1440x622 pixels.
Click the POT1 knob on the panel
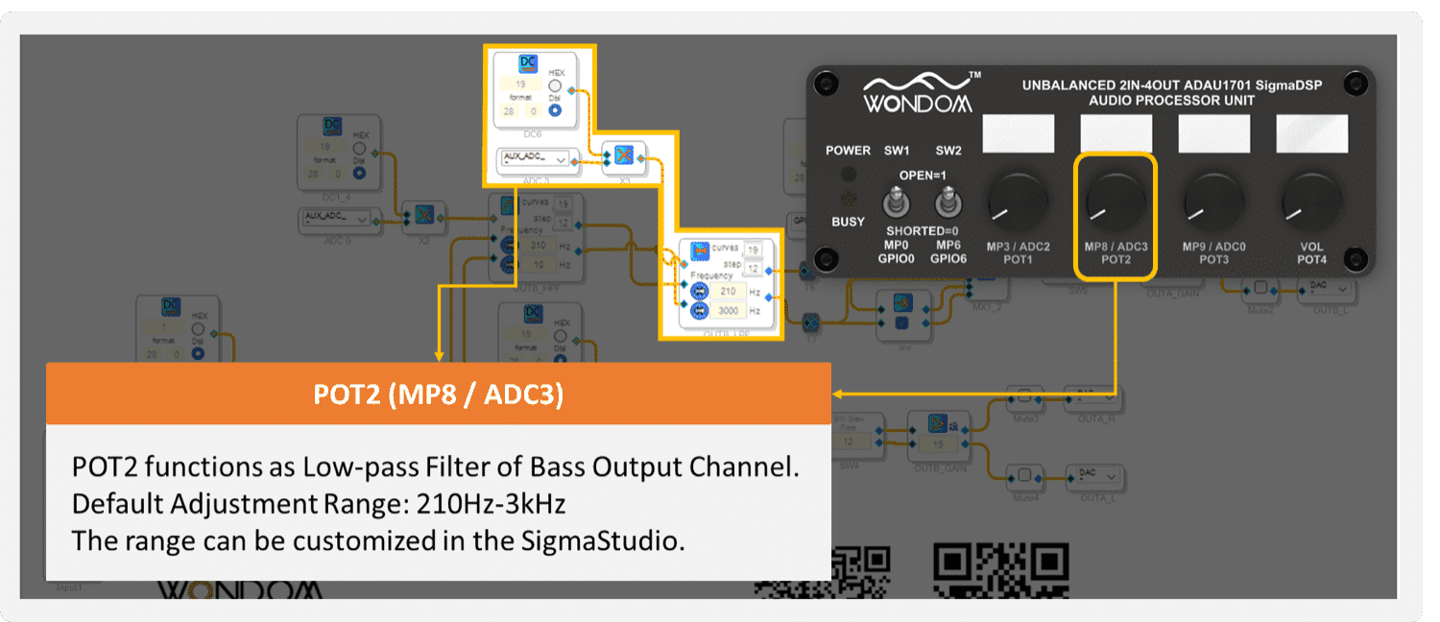coord(1018,202)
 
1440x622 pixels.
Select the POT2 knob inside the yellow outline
coord(1116,202)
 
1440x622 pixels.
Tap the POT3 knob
coord(1213,202)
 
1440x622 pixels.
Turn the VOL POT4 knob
coord(1310,202)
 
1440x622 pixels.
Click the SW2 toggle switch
coord(948,203)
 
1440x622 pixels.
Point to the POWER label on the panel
coord(849,151)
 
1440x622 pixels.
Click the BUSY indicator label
coord(848,222)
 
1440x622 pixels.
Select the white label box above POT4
coord(1310,133)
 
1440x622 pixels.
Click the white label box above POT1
coord(1018,133)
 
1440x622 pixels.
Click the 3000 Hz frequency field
coord(729,311)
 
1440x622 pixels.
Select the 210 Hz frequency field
coord(729,292)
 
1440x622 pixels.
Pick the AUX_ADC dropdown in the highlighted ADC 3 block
coord(534,159)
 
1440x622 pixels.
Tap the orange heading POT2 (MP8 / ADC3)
coord(438,395)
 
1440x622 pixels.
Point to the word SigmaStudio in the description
coord(600,539)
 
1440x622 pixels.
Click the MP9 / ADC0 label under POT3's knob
coord(1213,247)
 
